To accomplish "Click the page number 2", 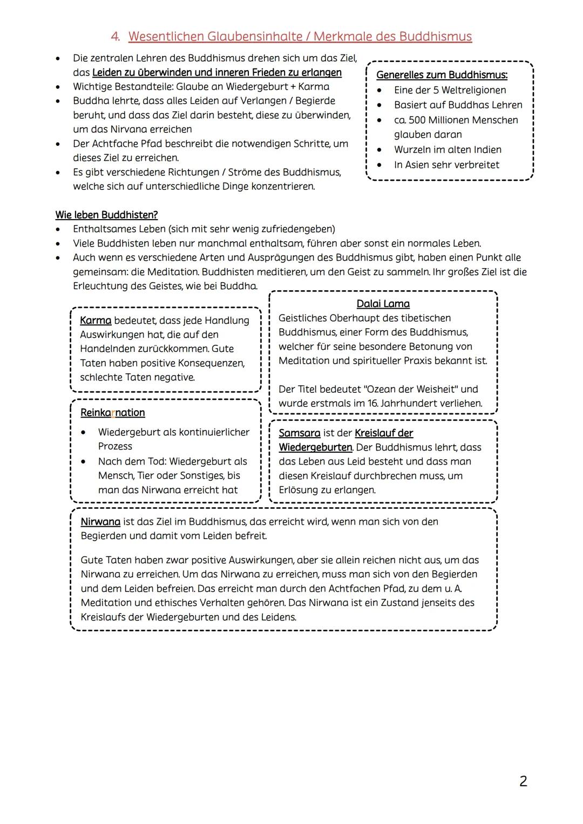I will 523,781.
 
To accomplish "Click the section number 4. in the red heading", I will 116,37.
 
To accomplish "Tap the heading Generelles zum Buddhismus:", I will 442,75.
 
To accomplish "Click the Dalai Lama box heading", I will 383,304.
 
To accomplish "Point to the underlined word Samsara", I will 299,433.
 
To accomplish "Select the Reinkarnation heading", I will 112,413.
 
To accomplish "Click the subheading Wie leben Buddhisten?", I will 106,215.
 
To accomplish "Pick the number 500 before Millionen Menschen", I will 417,120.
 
